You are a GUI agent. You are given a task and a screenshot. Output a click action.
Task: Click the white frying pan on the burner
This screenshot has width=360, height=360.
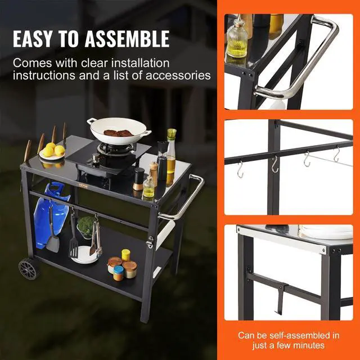(119, 129)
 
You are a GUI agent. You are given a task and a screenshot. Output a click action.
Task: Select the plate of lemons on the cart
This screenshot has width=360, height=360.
(52, 153)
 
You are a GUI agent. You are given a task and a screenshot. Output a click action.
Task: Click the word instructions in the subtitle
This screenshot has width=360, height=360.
(42, 75)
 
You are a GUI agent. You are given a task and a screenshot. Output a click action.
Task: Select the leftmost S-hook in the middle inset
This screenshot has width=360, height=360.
(240, 168)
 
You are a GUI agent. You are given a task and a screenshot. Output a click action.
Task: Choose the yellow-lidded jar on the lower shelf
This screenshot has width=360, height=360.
(125, 255)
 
